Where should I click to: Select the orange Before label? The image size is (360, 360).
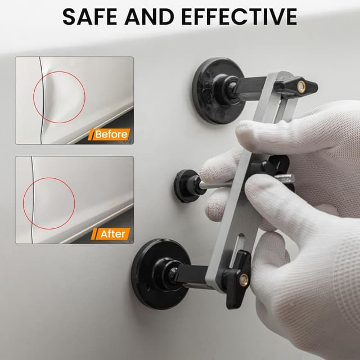point(111,134)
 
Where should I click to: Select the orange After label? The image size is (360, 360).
point(112,233)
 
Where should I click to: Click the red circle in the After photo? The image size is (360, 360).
point(49,200)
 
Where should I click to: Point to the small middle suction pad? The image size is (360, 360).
point(184,186)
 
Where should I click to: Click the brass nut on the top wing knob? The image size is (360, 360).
point(301,86)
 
